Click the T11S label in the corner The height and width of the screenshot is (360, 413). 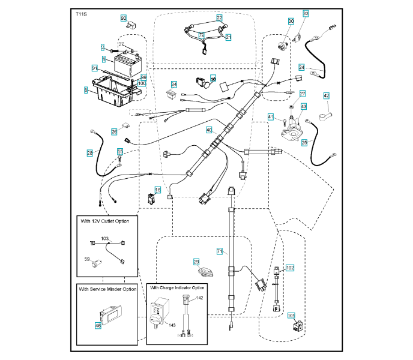pos(81,13)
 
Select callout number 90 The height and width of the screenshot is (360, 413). pos(124,19)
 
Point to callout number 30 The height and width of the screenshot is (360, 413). pos(291,21)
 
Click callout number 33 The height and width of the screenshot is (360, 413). pos(306,13)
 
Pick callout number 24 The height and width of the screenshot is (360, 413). pos(302,67)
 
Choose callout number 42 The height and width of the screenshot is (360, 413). pos(327,95)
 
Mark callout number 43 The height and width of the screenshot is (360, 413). pos(304,106)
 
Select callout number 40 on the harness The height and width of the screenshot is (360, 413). pos(209,130)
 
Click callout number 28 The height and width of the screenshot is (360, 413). pos(89,153)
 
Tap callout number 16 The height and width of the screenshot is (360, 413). pos(158,190)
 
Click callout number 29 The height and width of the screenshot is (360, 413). pos(196,262)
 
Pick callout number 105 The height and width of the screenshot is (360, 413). pos(292,314)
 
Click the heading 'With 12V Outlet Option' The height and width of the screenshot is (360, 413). pos(104,221)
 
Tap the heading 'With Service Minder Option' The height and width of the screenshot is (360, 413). pos(107,289)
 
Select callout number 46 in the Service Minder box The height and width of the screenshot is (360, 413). pos(97,325)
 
